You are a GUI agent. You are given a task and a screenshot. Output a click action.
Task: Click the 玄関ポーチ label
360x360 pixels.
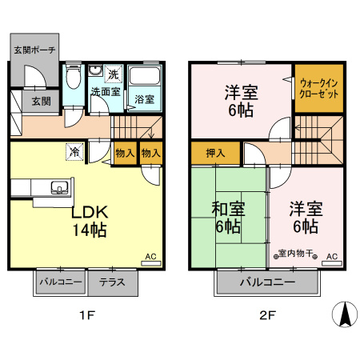(34, 50)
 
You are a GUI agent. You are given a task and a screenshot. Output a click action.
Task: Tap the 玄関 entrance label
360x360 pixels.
(41, 102)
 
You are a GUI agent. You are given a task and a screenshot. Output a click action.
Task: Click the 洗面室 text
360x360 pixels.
(105, 92)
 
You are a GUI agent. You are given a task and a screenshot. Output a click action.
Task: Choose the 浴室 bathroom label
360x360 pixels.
(144, 100)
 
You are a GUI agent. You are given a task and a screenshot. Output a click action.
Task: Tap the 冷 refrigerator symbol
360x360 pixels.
(74, 150)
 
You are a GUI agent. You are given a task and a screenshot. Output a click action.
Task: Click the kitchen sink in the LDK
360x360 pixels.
(59, 188)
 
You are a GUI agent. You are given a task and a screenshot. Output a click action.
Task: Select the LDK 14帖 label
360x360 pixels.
(90, 222)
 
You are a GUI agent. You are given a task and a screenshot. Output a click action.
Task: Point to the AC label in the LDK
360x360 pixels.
(149, 258)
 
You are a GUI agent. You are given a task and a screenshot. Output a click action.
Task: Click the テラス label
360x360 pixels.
(111, 282)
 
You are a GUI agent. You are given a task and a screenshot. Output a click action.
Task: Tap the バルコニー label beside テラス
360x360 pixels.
(58, 282)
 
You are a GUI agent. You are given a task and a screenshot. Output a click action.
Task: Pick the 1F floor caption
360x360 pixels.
(86, 314)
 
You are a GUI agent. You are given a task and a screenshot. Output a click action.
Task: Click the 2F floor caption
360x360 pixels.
(267, 314)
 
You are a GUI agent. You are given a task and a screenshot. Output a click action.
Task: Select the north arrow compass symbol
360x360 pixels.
(344, 313)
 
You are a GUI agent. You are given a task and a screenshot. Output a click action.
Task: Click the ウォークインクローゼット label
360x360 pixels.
(319, 88)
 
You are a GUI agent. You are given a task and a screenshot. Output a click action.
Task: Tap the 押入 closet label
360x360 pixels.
(215, 152)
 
